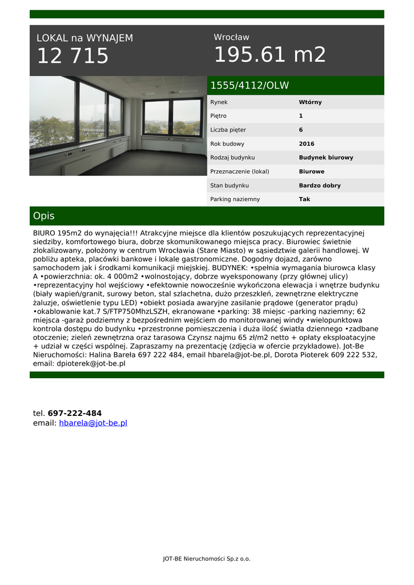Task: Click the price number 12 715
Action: click(x=73, y=56)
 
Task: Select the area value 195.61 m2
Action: click(x=270, y=55)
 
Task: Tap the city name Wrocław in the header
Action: click(x=231, y=37)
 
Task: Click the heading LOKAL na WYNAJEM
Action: click(x=85, y=38)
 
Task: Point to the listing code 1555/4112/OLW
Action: click(x=250, y=86)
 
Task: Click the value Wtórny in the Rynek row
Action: click(x=310, y=102)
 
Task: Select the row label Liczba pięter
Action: click(x=228, y=130)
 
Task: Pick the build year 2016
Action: click(x=307, y=144)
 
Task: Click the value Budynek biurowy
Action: click(x=325, y=158)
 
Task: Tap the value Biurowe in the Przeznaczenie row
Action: click(x=311, y=171)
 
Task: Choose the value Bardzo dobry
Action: click(x=319, y=186)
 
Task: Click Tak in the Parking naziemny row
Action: click(x=304, y=199)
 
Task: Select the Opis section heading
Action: click(x=44, y=216)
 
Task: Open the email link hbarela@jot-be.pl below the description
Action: click(x=93, y=423)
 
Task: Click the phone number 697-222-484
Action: click(x=75, y=413)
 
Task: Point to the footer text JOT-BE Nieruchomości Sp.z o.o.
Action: click(x=207, y=559)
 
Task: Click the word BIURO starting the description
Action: click(x=44, y=233)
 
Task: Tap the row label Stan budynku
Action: click(x=229, y=186)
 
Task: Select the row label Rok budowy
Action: click(x=227, y=144)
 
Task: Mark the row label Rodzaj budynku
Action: click(x=232, y=158)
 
